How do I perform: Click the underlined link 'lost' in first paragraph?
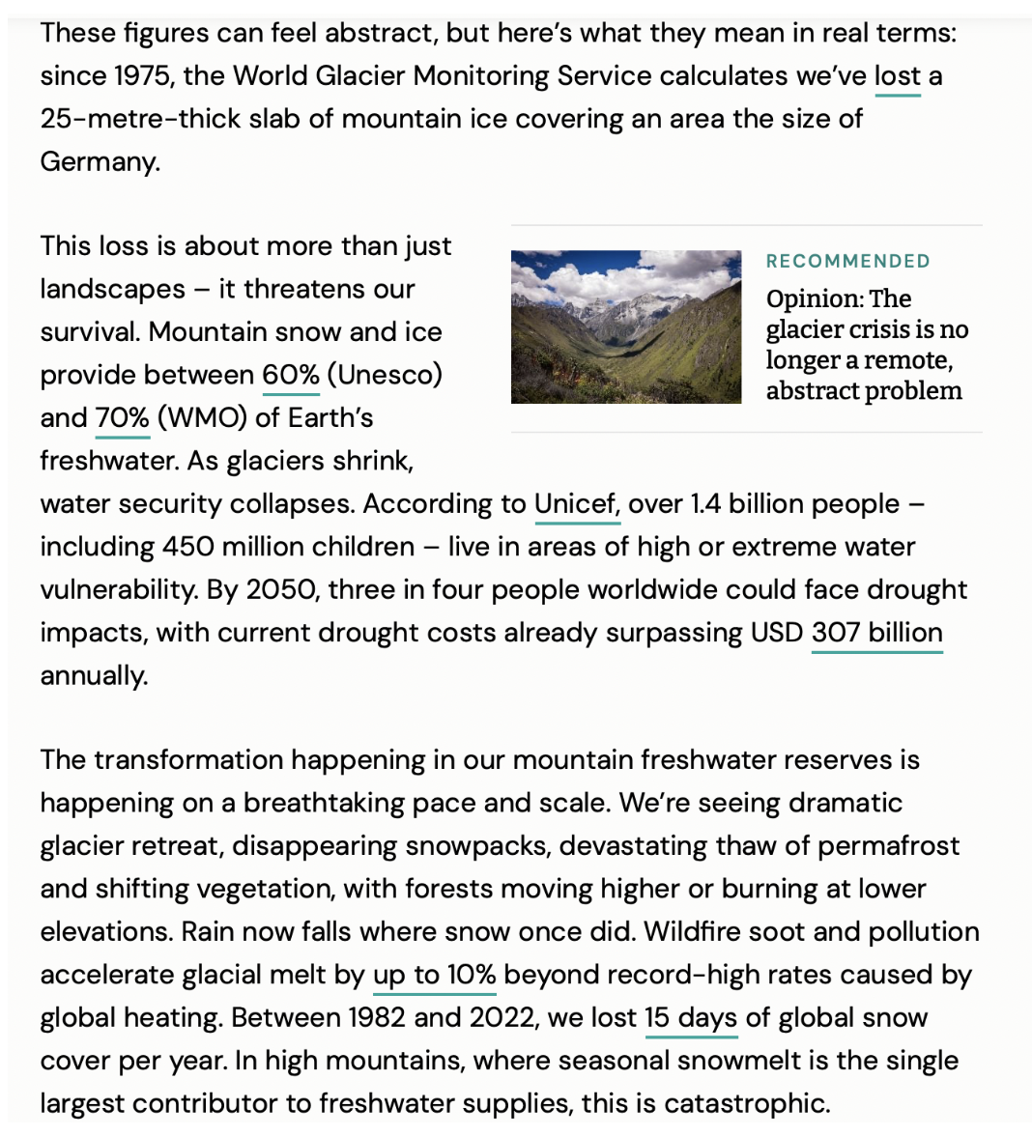(x=897, y=76)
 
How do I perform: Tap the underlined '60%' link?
(x=290, y=375)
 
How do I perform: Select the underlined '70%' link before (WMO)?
(x=122, y=418)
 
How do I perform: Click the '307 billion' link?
(x=876, y=633)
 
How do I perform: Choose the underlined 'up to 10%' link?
(x=434, y=975)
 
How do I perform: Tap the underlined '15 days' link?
(x=690, y=1018)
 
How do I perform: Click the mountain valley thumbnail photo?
(x=625, y=327)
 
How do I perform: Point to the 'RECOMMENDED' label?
(x=847, y=262)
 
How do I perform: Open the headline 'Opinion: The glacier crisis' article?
(x=864, y=345)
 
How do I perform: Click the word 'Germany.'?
(x=100, y=161)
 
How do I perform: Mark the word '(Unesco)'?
(x=384, y=375)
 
